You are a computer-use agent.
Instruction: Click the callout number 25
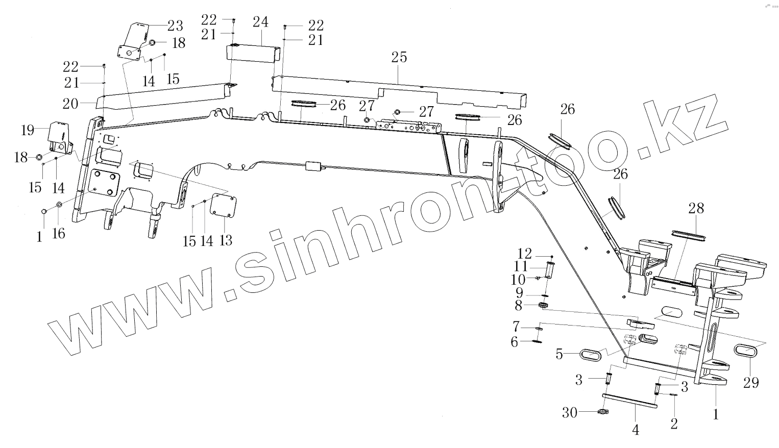(x=399, y=57)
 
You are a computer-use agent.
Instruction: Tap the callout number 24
(x=260, y=22)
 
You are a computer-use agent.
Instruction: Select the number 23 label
(x=175, y=26)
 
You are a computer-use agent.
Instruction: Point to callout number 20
(x=70, y=104)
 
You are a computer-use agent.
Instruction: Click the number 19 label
(x=28, y=130)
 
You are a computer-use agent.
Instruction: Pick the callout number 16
(x=59, y=234)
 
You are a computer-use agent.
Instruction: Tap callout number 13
(x=225, y=240)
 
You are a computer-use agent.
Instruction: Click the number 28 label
(x=696, y=208)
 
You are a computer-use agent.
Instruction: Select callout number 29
(x=751, y=382)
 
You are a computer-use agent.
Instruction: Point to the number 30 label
(x=570, y=412)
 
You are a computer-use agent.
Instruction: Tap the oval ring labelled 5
(x=592, y=353)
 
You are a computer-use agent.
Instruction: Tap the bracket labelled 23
(x=135, y=41)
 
